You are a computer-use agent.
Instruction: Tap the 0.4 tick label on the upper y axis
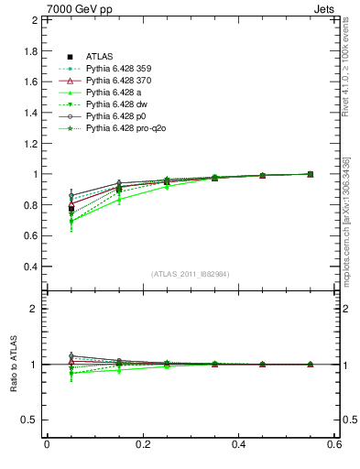(x=28, y=267)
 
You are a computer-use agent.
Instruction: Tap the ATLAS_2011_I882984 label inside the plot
(x=190, y=274)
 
